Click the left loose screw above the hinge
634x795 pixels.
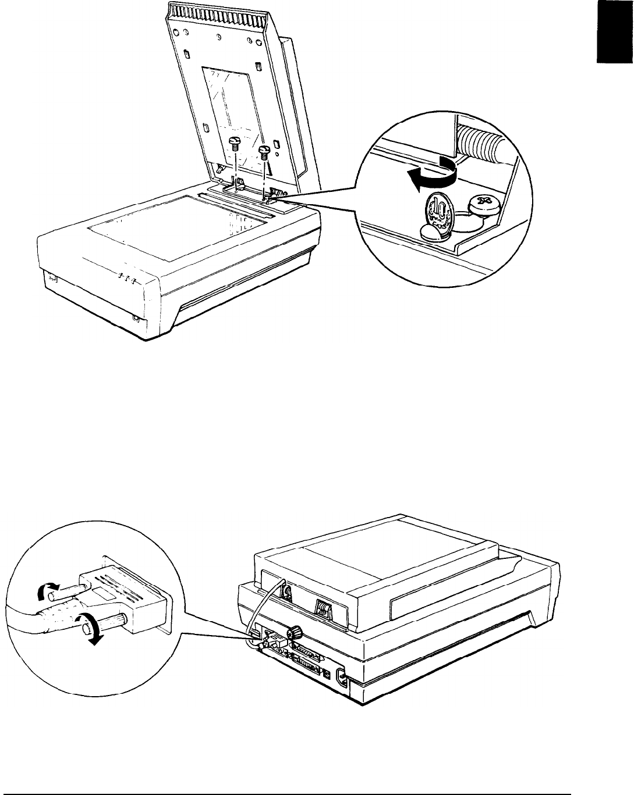coord(235,143)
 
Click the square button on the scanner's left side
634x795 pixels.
coord(52,278)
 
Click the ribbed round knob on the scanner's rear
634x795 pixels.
coord(295,632)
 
